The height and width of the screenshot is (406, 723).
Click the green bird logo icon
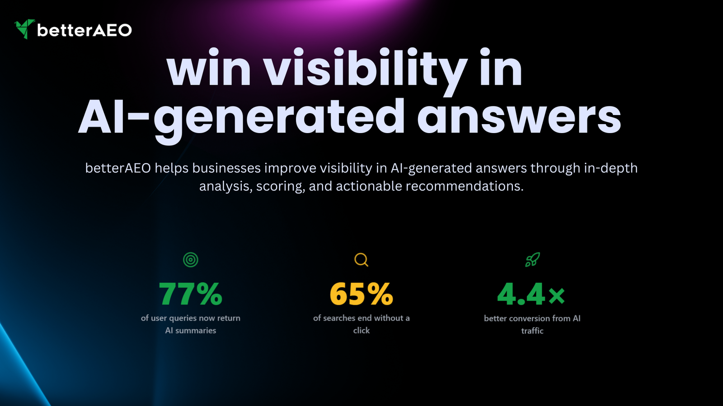[x=24, y=29]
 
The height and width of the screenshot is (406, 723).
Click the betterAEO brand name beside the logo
[x=85, y=30]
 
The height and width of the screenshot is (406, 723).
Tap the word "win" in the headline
[x=209, y=68]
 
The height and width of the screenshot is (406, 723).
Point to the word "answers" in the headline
[x=519, y=117]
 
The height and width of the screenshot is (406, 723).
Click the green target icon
[x=190, y=260]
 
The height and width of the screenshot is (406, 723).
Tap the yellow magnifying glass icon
[x=361, y=260]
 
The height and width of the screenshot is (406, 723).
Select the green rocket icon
[x=532, y=260]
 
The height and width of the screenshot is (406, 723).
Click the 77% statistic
[x=190, y=294]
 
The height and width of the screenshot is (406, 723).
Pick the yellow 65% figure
[x=361, y=294]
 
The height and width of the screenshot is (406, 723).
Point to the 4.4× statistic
[x=531, y=294]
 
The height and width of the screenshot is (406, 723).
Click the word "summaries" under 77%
[x=195, y=331]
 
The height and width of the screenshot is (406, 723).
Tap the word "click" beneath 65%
[x=361, y=330]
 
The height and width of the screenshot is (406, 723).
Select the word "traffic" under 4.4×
[x=532, y=331]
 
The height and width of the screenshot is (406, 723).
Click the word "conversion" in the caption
[x=528, y=318]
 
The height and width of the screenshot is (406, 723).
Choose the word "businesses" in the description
[x=226, y=168]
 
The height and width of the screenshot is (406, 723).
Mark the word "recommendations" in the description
[x=465, y=186]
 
